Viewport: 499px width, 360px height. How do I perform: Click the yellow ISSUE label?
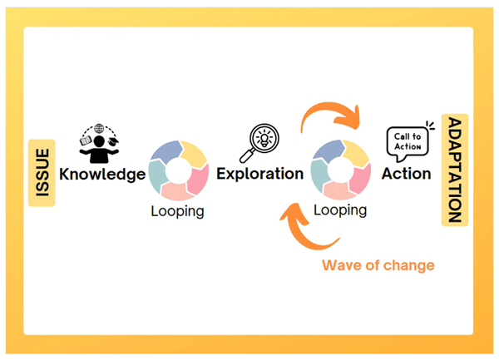tap(42, 173)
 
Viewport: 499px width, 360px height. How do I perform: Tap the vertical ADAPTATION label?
tap(455, 170)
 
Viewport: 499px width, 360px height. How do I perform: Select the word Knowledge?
tap(102, 175)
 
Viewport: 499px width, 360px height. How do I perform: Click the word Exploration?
tap(260, 174)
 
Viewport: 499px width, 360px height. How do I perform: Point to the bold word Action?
tap(407, 174)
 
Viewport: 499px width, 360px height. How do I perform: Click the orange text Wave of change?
tap(378, 265)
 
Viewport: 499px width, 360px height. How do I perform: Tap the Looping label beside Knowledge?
tap(178, 211)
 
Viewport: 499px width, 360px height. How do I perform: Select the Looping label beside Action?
tap(340, 210)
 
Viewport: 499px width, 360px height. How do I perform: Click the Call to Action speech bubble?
tap(408, 143)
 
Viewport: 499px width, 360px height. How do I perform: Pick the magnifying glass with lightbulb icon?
tap(259, 143)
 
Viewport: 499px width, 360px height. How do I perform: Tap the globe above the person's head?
tap(99, 129)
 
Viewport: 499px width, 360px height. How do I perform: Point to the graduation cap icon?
tap(113, 141)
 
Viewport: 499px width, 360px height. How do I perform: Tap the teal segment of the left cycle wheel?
tap(157, 176)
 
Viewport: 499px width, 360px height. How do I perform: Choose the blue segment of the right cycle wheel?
tap(328, 150)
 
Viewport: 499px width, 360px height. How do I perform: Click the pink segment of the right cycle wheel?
tap(362, 179)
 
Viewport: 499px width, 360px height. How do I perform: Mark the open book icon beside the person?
tap(86, 141)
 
